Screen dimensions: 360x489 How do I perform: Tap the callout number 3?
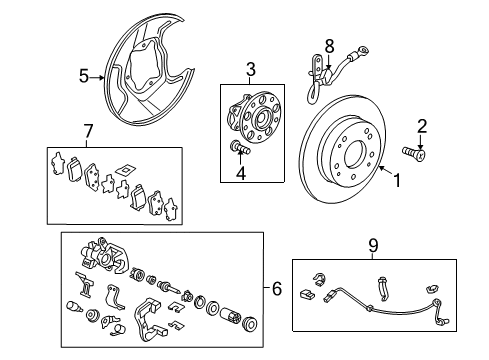pyautogui.click(x=250, y=68)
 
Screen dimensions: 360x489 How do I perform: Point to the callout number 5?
pyautogui.click(x=84, y=73)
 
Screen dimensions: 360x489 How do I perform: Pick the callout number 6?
pyautogui.click(x=276, y=289)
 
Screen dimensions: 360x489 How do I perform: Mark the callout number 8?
pyautogui.click(x=326, y=44)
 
